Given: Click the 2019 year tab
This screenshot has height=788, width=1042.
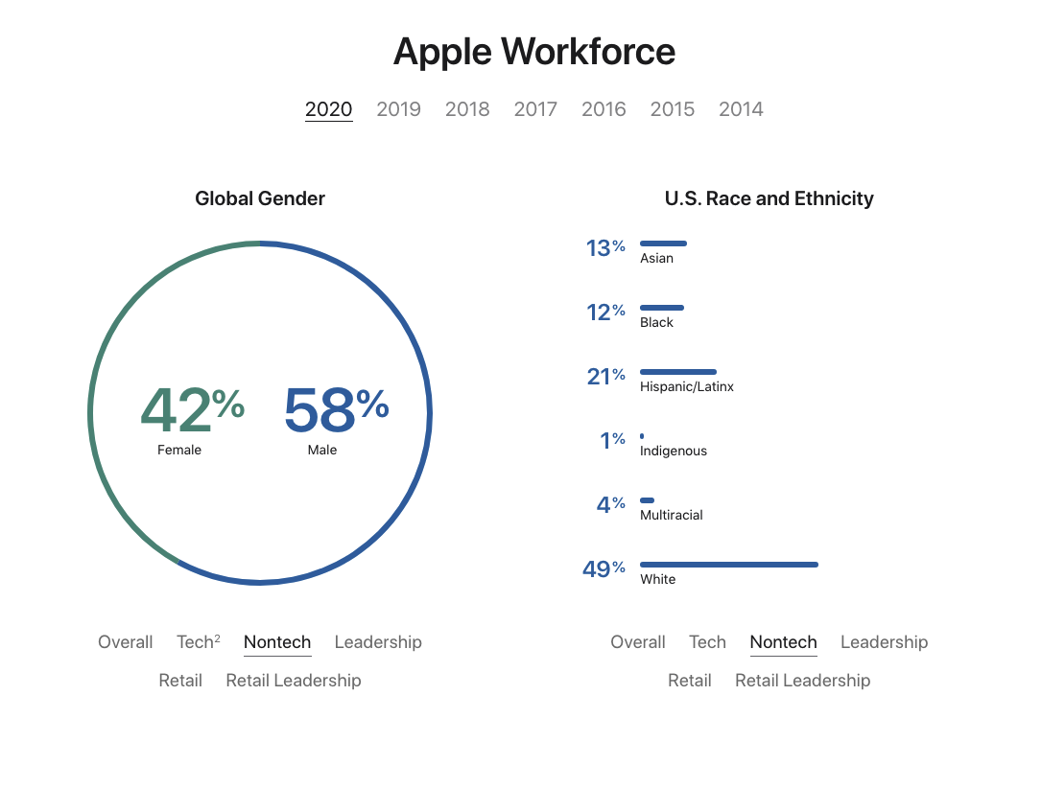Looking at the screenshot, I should click(x=398, y=109).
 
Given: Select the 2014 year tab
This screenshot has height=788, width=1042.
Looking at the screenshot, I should click(x=741, y=109).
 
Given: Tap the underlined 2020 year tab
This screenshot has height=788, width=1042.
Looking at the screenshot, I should click(x=329, y=109).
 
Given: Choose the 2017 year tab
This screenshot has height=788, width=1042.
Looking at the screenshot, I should click(x=535, y=109).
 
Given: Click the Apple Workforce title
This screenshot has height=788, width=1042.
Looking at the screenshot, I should click(x=534, y=52).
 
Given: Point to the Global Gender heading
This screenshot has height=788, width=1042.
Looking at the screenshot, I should click(x=260, y=198).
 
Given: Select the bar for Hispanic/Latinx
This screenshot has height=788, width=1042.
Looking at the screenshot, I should click(x=677, y=371).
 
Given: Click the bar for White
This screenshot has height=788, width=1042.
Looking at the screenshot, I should click(x=728, y=565).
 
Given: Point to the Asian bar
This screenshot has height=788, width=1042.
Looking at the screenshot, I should click(x=663, y=243).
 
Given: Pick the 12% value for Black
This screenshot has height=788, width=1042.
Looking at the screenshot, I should click(x=605, y=313).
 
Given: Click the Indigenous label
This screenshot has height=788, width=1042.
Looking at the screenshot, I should click(x=674, y=451).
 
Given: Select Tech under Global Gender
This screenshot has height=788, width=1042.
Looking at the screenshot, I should click(x=196, y=642).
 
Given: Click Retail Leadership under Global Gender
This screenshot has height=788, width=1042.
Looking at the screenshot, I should click(x=294, y=681).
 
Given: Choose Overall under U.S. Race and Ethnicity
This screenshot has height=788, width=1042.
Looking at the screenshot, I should click(x=638, y=642).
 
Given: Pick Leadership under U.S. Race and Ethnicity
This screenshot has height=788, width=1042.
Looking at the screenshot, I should click(x=884, y=642).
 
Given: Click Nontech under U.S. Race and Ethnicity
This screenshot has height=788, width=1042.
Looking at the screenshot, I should click(x=783, y=642).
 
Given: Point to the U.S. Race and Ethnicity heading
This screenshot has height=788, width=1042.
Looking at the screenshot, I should click(x=769, y=198).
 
